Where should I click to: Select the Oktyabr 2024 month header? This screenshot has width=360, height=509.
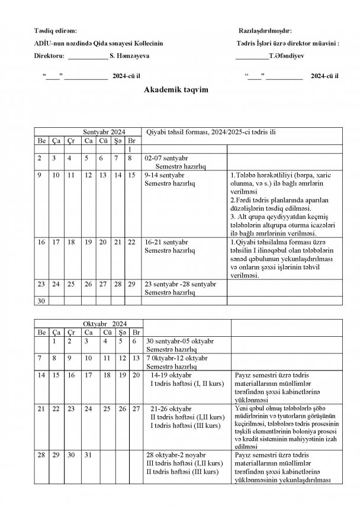tap(104, 324)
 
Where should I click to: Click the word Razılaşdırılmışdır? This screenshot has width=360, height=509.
tap(263, 30)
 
